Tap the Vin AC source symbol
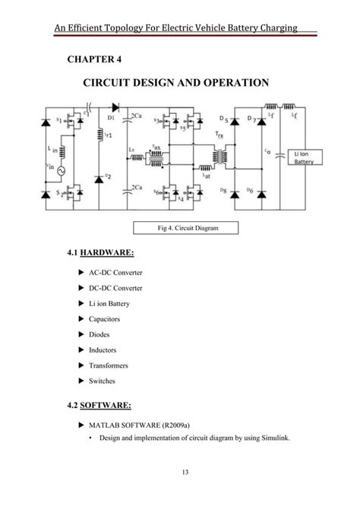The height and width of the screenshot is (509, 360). point(52,171)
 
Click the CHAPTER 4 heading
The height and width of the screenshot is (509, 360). point(94,59)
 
